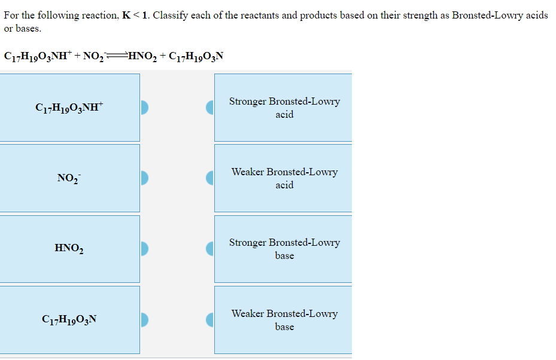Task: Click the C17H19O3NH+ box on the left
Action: click(69, 108)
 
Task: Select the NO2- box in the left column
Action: click(69, 178)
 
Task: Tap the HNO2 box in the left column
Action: click(69, 249)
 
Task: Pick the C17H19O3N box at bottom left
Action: click(69, 319)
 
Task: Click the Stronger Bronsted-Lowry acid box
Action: click(284, 108)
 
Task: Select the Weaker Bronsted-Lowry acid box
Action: click(284, 178)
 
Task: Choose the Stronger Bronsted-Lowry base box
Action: click(284, 249)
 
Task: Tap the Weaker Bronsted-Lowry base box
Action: click(284, 319)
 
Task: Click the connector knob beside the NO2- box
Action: click(144, 178)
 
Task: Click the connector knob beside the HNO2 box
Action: click(144, 248)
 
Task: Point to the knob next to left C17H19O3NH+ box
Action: click(144, 108)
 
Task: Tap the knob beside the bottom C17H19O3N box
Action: click(144, 319)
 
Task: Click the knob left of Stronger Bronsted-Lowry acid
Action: click(210, 108)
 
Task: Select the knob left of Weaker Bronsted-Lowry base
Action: click(210, 319)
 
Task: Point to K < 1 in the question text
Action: click(135, 15)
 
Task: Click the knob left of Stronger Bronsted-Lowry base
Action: click(210, 248)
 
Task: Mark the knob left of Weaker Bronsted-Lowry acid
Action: click(210, 178)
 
